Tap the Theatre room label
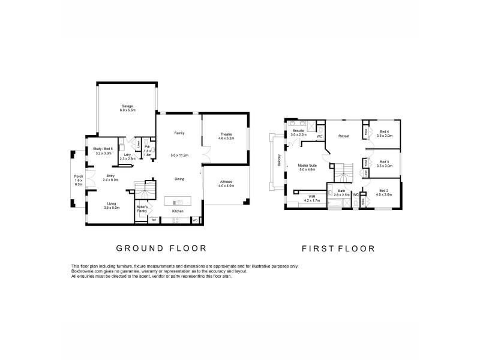click(x=226, y=134)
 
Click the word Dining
click(x=179, y=179)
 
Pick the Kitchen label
click(x=178, y=212)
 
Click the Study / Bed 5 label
click(x=103, y=148)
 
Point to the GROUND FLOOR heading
click(x=161, y=248)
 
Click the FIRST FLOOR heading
click(x=339, y=248)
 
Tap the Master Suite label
click(x=307, y=166)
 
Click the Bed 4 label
click(x=384, y=131)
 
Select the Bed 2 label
click(x=384, y=191)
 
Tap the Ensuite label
click(x=298, y=131)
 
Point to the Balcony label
click(x=279, y=160)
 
